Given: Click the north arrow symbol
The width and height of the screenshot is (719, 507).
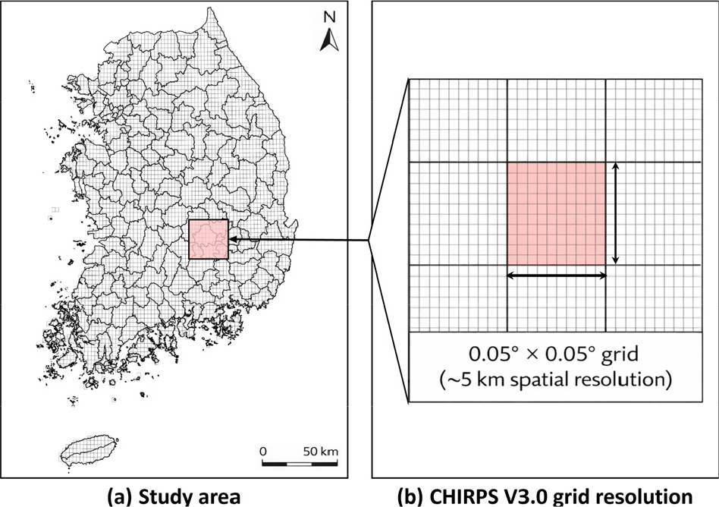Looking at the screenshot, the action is click(x=330, y=39).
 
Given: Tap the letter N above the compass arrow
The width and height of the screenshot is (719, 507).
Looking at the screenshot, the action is click(x=330, y=17).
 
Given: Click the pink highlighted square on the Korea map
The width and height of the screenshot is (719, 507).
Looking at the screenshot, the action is click(x=209, y=239).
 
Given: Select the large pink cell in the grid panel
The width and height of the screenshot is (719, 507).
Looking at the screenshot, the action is click(x=556, y=213).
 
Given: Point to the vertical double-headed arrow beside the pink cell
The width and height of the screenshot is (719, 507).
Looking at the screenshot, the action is click(x=616, y=213).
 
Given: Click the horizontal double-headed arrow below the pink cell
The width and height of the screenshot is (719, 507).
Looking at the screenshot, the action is click(x=556, y=276).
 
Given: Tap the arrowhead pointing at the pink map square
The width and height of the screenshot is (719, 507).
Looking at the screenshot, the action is click(x=232, y=239).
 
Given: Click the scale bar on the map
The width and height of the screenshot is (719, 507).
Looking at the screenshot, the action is click(x=300, y=464).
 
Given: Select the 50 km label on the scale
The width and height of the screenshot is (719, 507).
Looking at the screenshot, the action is click(x=321, y=452).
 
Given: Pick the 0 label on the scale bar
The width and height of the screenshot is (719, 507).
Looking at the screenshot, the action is click(x=262, y=452).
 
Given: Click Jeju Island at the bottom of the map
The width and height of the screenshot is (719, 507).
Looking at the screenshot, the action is click(x=89, y=451).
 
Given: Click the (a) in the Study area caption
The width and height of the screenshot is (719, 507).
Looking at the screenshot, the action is click(x=119, y=497).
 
